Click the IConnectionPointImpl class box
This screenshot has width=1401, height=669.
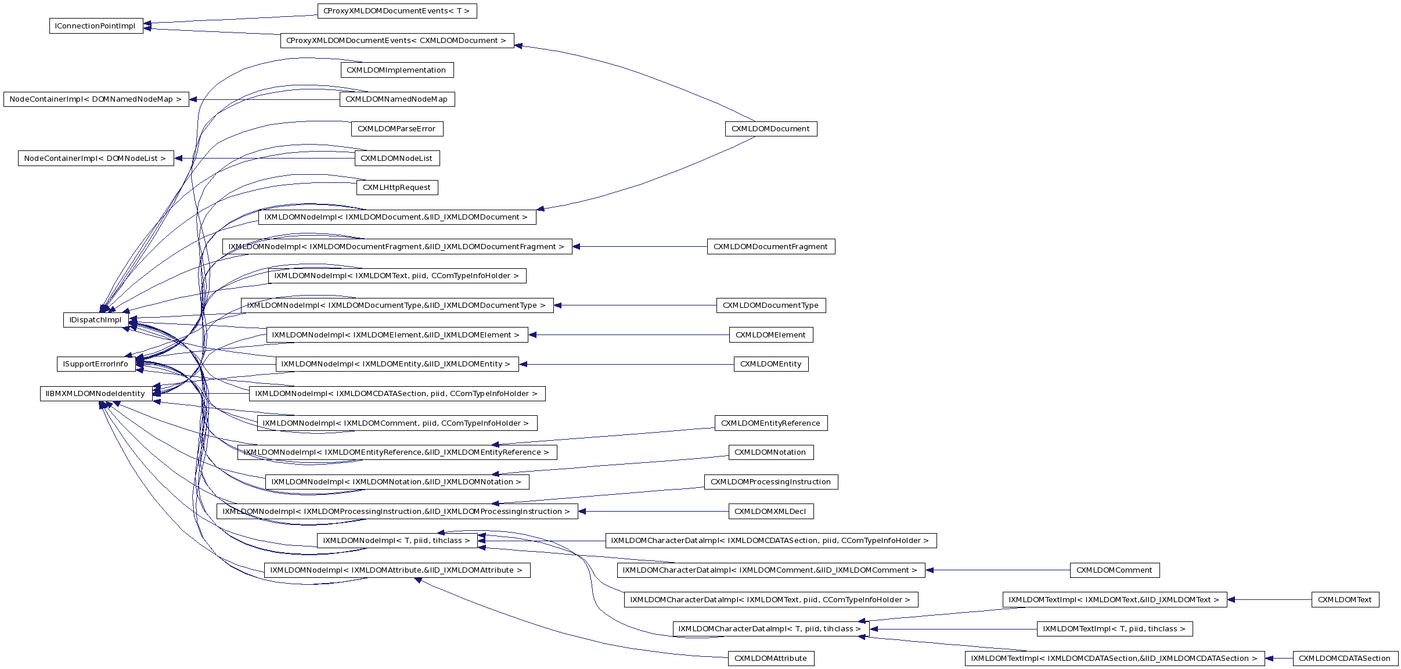coord(96,26)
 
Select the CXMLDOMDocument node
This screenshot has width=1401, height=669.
coord(770,129)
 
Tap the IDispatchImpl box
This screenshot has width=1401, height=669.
coord(95,320)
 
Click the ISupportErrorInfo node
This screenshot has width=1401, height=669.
coord(96,364)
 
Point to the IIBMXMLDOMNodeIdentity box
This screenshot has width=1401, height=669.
coord(96,394)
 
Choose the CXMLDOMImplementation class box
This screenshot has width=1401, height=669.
coord(397,70)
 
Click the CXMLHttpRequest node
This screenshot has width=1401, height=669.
coord(397,188)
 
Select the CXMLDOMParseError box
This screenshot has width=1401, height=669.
coord(397,129)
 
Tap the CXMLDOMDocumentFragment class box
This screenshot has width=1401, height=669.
coord(770,247)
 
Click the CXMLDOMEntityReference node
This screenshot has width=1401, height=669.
coord(770,423)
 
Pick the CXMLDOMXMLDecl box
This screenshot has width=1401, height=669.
coord(770,512)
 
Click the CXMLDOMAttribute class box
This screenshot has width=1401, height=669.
coord(770,659)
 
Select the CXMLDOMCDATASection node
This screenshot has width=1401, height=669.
coord(1345,659)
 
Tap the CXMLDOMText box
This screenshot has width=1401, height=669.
coord(1345,600)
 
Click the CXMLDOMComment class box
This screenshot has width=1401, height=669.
coord(1114,570)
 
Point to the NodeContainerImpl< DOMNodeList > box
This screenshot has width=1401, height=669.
coord(96,159)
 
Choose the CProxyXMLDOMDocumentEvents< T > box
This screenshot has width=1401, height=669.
coord(397,11)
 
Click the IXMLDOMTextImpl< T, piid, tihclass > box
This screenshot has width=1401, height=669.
coord(1114,629)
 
